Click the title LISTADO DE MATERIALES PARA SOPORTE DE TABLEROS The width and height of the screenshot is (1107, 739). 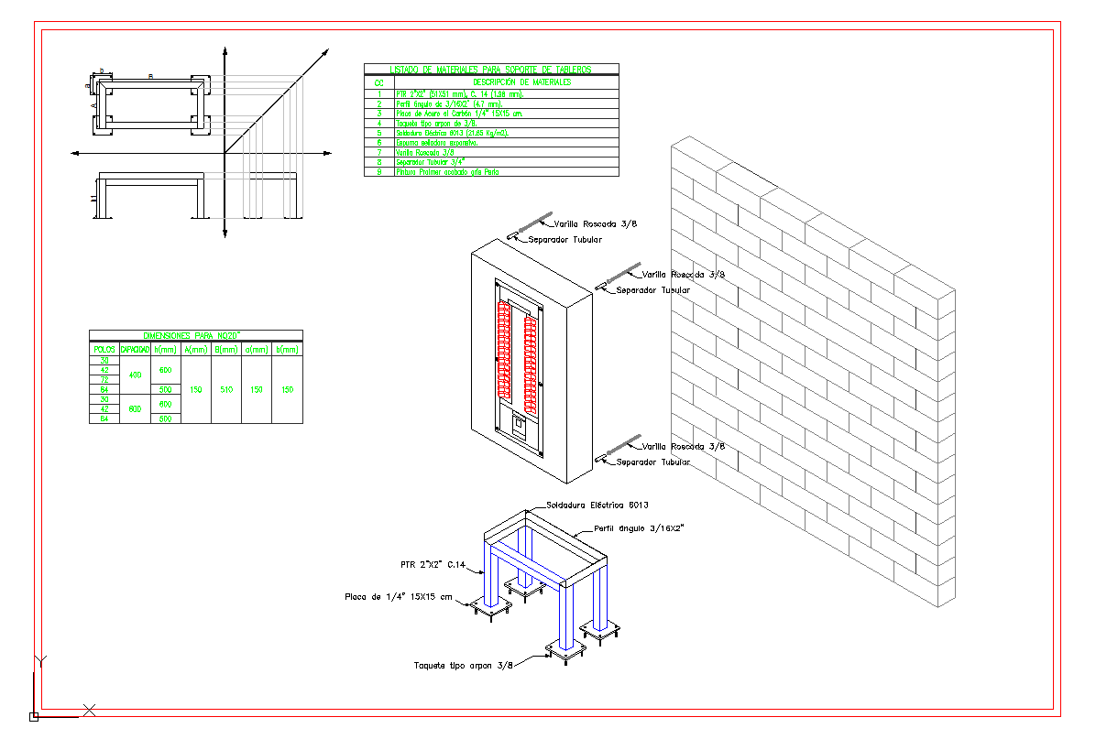pos(491,69)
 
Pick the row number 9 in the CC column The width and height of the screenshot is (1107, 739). pos(378,171)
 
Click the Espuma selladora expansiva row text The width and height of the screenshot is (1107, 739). pos(436,142)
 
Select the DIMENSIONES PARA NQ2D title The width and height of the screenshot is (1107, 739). pos(195,336)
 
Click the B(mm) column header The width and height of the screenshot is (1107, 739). pos(225,349)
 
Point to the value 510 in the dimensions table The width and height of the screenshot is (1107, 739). pos(225,390)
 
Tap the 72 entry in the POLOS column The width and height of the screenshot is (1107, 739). pos(104,380)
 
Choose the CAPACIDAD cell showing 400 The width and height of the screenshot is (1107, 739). pos(135,375)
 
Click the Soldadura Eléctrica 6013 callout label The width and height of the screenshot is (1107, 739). pos(597,505)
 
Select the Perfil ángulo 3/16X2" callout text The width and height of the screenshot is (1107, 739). pos(640,528)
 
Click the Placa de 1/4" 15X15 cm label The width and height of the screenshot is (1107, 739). pos(399,597)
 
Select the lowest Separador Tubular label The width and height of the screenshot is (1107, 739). pos(652,462)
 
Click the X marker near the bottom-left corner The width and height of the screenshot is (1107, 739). pos(90,709)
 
